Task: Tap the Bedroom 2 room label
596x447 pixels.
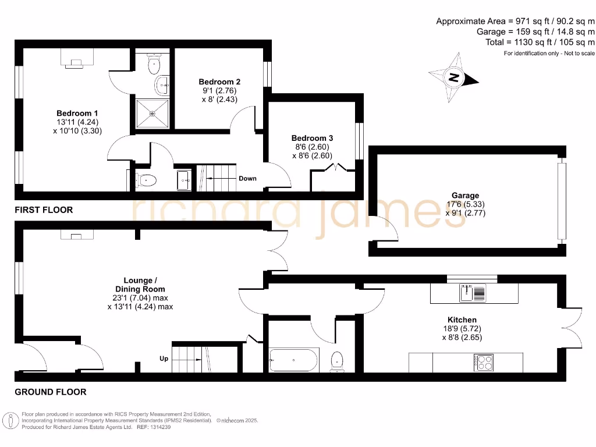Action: pyautogui.click(x=219, y=82)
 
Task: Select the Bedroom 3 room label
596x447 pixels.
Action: pyautogui.click(x=312, y=138)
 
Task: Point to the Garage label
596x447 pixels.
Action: pyautogui.click(x=465, y=196)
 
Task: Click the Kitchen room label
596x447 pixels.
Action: pyautogui.click(x=462, y=320)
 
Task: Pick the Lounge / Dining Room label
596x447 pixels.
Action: pyautogui.click(x=140, y=285)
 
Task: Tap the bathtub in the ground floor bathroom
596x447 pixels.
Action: pyautogui.click(x=294, y=360)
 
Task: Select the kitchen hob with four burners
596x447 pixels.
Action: pyautogui.click(x=485, y=362)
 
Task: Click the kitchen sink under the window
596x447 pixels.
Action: pyautogui.click(x=473, y=293)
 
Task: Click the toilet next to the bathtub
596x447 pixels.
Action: pyautogui.click(x=337, y=361)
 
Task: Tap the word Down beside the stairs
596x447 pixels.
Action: pyautogui.click(x=247, y=178)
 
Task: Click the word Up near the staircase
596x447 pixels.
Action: pyautogui.click(x=164, y=359)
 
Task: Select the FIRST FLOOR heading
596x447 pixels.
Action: pyautogui.click(x=44, y=210)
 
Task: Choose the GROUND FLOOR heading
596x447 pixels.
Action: pyautogui.click(x=51, y=392)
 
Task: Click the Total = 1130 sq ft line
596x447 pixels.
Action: pyautogui.click(x=540, y=42)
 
